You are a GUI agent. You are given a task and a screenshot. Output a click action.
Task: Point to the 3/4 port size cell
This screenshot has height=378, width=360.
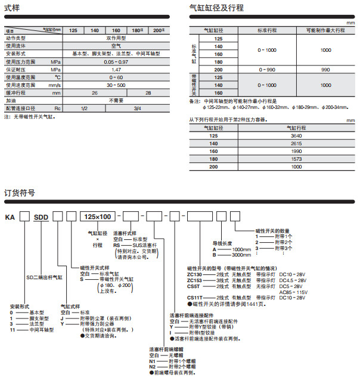138,108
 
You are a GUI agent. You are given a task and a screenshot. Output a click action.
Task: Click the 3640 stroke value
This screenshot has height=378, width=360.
296,136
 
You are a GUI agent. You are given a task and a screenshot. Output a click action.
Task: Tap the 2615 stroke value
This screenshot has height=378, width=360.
296,144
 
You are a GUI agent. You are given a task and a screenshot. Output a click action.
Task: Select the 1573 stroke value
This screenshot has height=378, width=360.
296,160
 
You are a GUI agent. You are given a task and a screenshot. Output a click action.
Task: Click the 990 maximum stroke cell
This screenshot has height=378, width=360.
325,70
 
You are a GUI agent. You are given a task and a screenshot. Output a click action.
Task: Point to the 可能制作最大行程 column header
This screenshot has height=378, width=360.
325,30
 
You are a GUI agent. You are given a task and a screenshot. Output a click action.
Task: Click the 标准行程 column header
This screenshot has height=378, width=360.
266,30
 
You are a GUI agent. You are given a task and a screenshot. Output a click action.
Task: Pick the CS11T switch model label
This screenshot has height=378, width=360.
195,296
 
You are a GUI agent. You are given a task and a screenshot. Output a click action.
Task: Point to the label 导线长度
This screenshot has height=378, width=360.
223,243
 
